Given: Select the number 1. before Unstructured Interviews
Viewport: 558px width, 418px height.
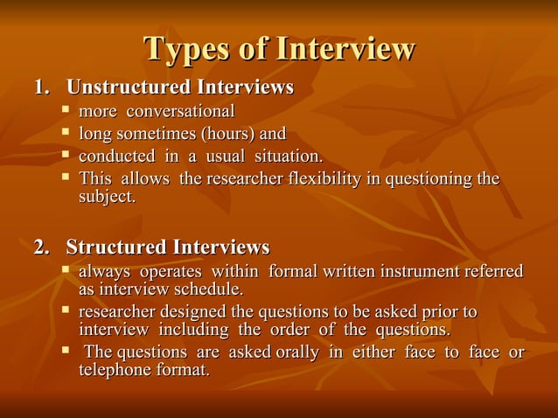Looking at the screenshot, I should pyautogui.click(x=41, y=88).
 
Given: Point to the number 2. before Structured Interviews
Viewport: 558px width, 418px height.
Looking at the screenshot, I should pyautogui.click(x=41, y=247).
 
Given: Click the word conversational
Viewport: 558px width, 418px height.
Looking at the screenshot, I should pyautogui.click(x=181, y=112).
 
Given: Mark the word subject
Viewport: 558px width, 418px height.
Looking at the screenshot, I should pyautogui.click(x=107, y=198).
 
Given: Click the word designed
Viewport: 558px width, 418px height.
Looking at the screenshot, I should pyautogui.click(x=194, y=312).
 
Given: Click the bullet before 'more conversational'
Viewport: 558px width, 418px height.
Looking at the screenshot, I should pyautogui.click(x=66, y=112).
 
